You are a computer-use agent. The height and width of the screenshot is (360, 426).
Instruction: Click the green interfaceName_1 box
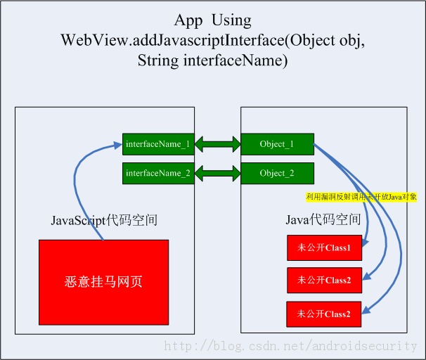157,144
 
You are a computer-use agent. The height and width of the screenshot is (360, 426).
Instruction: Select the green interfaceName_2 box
157,172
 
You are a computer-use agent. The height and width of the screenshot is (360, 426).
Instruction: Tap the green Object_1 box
276,144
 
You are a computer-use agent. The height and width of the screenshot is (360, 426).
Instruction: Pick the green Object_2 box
276,172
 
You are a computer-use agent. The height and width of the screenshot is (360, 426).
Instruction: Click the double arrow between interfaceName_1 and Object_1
217,145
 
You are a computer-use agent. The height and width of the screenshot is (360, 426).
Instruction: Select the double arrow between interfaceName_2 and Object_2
217,173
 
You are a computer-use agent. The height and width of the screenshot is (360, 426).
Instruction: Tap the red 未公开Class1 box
324,247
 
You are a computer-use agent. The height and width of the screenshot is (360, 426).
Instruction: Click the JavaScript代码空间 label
103,220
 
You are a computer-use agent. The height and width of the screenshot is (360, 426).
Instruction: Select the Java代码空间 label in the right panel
323,220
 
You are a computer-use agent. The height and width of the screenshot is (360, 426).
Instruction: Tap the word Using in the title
233,20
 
